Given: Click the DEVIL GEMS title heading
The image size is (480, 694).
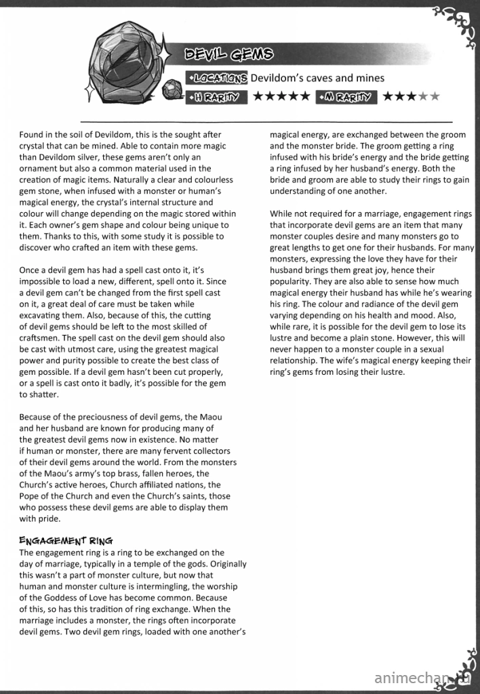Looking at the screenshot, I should pos(229,54).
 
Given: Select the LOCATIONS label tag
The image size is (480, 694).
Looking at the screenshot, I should pos(217,78).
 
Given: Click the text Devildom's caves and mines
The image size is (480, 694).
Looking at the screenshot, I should pos(317,78).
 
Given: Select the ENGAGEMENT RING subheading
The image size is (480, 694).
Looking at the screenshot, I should pos(66,540).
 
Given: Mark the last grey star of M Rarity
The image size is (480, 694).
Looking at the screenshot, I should pos(435,96).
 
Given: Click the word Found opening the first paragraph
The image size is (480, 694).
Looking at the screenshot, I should pos(32,135).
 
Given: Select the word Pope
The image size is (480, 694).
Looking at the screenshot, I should pos(31,495).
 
